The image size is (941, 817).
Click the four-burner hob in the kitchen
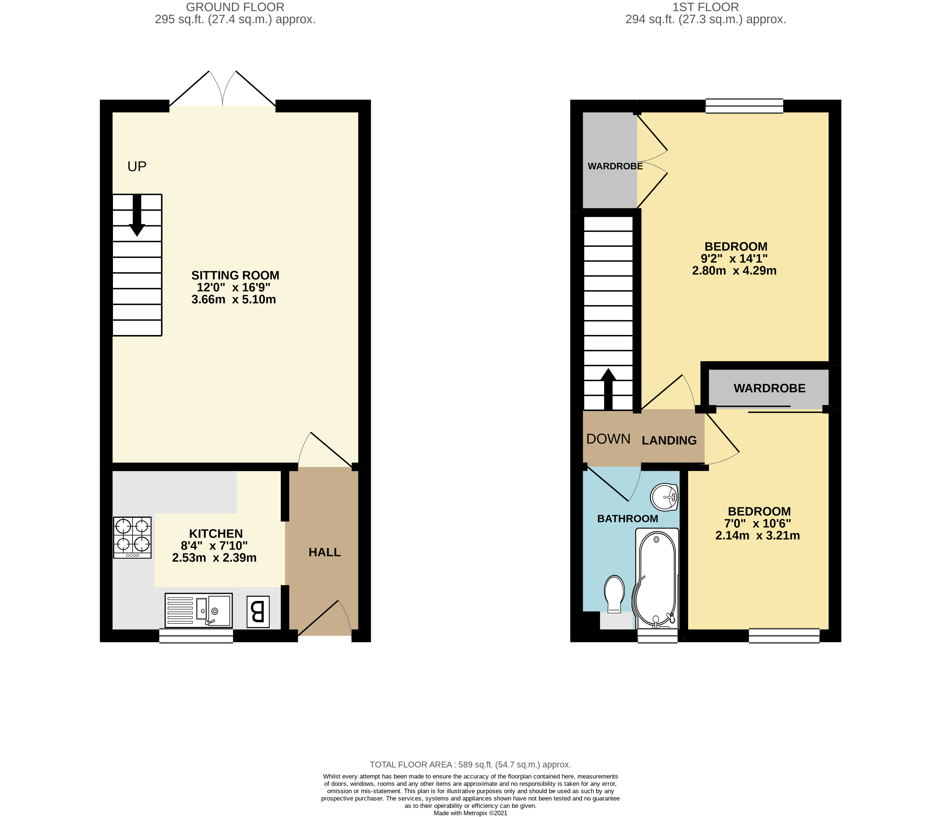pyautogui.click(x=132, y=538)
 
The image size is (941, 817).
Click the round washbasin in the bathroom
pyautogui.click(x=664, y=497)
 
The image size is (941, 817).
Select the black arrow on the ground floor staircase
pyautogui.click(x=137, y=215)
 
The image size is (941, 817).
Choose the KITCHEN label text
pyautogui.click(x=216, y=533)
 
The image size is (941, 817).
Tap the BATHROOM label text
pyautogui.click(x=628, y=518)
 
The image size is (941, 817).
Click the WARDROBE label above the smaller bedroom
pyautogui.click(x=770, y=388)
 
